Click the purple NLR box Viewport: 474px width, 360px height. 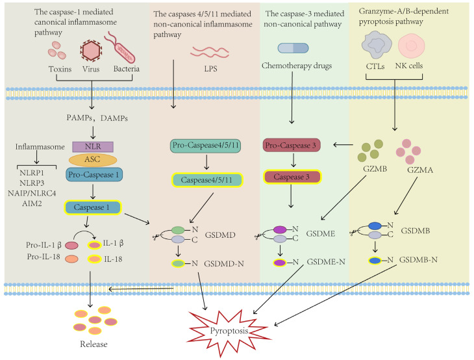point(93,147)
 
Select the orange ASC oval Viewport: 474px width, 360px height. point(93,160)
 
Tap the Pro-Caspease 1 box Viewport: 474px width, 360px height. point(94,175)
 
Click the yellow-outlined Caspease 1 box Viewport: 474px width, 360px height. point(93,207)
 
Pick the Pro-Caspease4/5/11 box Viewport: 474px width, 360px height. point(206,146)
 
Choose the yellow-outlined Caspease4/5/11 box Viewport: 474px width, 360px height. point(207,180)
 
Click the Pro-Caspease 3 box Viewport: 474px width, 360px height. point(292,146)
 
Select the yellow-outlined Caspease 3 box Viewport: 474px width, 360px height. point(292,177)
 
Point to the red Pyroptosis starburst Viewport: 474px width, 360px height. point(229,331)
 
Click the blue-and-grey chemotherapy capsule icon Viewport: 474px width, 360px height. point(293,48)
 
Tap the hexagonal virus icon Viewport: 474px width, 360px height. point(91,51)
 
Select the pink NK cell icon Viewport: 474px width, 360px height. point(411,46)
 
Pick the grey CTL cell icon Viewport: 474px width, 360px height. point(377,45)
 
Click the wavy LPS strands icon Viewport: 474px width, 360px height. point(210,52)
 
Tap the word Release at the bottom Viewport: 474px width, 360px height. point(94,344)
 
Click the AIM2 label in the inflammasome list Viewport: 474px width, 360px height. point(32,203)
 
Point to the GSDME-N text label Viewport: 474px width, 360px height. point(326,262)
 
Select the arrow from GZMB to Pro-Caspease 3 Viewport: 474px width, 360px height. point(343,145)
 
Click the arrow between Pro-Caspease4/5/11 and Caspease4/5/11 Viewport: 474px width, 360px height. point(206,162)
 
